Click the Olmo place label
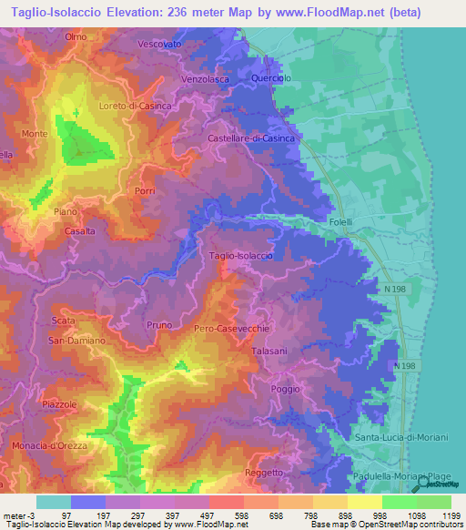76,36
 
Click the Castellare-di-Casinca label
251,138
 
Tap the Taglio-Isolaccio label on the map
241,256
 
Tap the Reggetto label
264,473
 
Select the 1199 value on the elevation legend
452,515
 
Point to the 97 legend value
66,515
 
